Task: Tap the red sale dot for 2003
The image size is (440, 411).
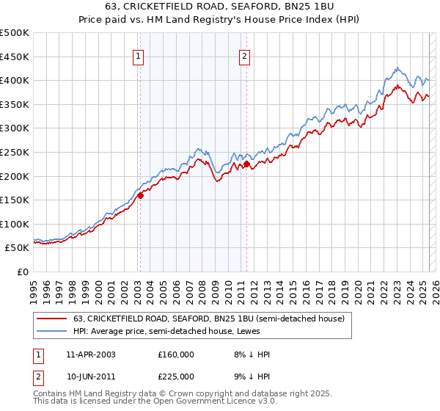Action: pos(140,195)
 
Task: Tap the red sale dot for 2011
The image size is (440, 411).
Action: pos(246,164)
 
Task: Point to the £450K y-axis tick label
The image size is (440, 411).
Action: pos(15,57)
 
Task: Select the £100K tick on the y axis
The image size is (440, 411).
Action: pos(15,224)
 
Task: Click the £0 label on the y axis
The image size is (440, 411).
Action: pos(23,272)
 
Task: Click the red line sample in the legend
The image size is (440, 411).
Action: pos(52,319)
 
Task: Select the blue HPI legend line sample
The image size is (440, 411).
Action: pos(52,330)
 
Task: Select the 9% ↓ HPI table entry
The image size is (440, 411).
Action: pos(248,376)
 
